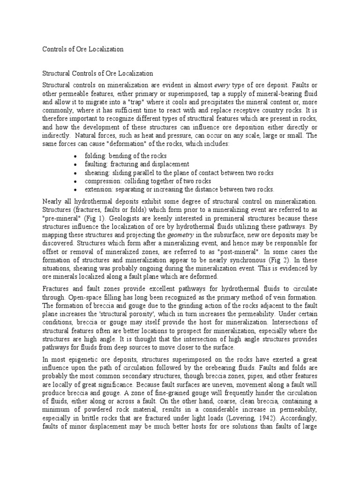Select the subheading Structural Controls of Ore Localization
pyautogui.click(x=98, y=74)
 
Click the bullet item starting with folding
pyautogui.click(x=125, y=156)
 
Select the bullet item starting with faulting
pyautogui.click(x=136, y=164)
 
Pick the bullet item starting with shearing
pyautogui.click(x=179, y=172)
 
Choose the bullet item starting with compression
pyautogui.click(x=148, y=181)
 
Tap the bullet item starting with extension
pyautogui.click(x=179, y=189)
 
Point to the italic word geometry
pyautogui.click(x=168, y=235)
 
